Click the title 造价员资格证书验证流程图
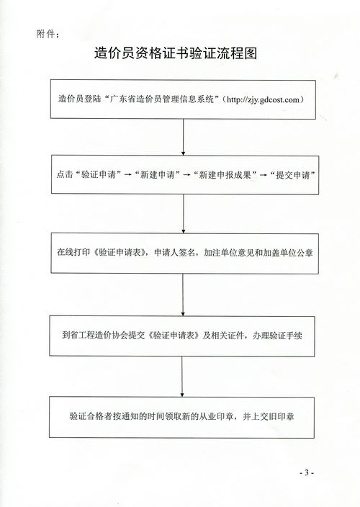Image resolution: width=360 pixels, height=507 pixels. (x=176, y=53)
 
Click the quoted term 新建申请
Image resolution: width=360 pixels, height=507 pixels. (x=158, y=174)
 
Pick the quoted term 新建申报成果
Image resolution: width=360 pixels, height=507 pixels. (x=225, y=174)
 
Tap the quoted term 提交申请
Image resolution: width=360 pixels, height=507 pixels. (x=292, y=174)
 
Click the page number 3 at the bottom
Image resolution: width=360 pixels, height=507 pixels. (x=306, y=472)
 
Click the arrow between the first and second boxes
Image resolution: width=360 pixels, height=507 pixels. (x=183, y=137)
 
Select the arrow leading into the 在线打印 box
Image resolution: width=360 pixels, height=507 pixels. (x=184, y=214)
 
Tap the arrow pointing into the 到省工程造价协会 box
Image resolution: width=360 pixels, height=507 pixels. (x=183, y=295)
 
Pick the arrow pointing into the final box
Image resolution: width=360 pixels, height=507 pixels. (x=182, y=377)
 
